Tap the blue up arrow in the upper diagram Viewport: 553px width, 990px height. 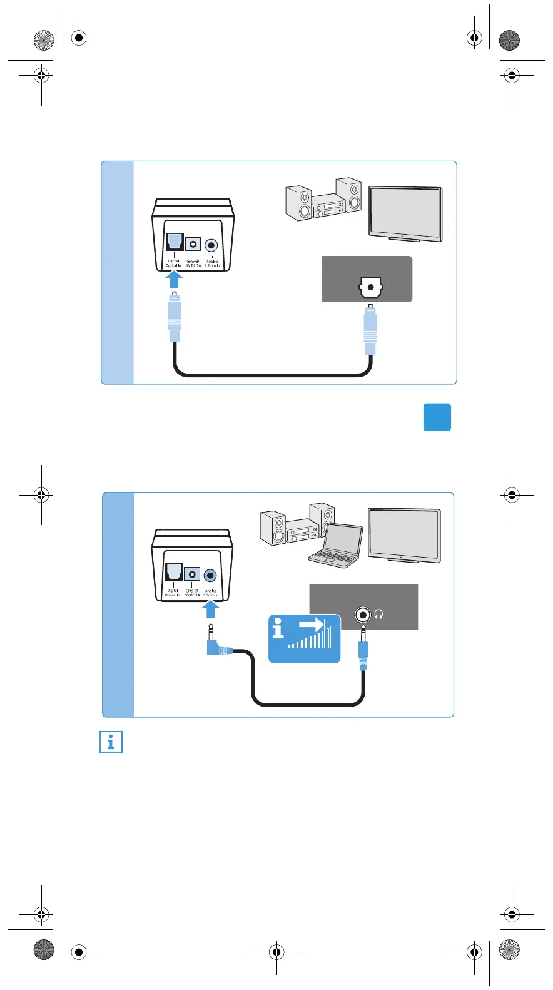tap(175, 278)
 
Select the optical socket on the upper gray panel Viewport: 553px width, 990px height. tap(370, 288)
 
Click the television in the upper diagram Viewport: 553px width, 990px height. tap(405, 213)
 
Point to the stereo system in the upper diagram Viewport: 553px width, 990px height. tap(323, 200)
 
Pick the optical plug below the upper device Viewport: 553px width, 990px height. tap(175, 316)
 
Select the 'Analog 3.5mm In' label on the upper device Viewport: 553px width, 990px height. tap(212, 263)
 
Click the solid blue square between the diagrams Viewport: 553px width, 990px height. tap(437, 417)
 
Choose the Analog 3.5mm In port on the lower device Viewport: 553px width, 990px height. tap(211, 575)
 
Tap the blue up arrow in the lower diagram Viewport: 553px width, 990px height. tap(211, 609)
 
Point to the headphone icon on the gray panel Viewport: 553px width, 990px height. tap(378, 615)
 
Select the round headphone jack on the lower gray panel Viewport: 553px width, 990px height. tap(363, 615)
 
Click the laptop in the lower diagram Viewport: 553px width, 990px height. tap(337, 546)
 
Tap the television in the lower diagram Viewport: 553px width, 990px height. tap(404, 535)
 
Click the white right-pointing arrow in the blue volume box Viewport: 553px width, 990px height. tap(311, 624)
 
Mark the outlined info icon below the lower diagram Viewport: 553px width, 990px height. tap(111, 742)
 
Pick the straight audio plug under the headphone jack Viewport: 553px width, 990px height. tap(363, 651)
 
